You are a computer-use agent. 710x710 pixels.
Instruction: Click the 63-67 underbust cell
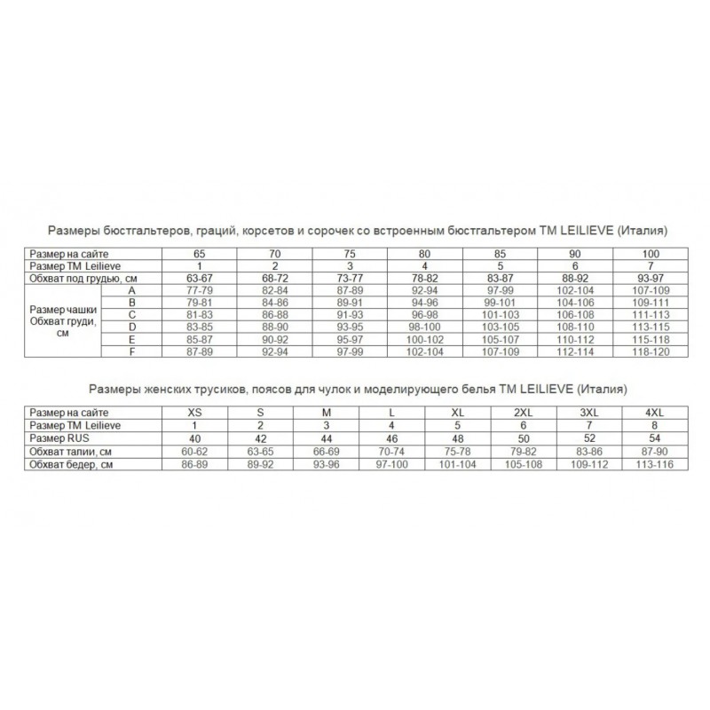(x=201, y=278)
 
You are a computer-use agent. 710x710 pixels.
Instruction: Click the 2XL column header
(x=525, y=413)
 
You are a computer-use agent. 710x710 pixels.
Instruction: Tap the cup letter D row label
(x=130, y=327)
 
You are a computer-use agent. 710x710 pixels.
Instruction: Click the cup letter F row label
(x=130, y=352)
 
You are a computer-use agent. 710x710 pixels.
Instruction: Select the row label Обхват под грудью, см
(x=83, y=278)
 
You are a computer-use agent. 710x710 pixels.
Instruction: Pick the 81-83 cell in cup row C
(x=201, y=315)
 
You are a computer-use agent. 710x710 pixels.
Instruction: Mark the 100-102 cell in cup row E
(x=424, y=340)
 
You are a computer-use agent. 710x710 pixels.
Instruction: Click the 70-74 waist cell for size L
(x=391, y=451)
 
